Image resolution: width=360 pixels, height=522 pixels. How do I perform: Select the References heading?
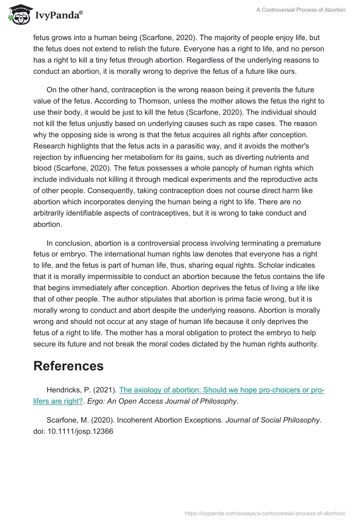click(68, 366)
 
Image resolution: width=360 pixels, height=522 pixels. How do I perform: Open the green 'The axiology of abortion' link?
click(221, 390)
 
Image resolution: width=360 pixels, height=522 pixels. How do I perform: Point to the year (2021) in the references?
click(105, 390)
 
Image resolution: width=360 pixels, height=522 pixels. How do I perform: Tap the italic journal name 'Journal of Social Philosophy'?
click(273, 420)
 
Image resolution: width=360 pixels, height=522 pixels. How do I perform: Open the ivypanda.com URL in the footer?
click(265, 513)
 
